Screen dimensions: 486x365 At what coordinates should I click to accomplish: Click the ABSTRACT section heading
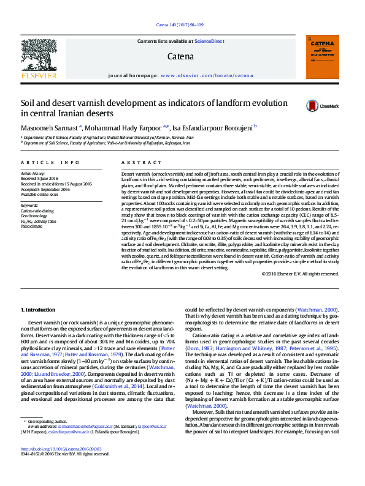pos(134,162)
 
